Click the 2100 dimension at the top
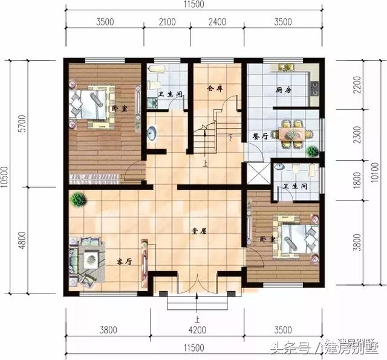(x=166, y=23)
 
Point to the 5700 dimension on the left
(x=23, y=123)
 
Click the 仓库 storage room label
(x=215, y=88)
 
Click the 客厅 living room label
(x=124, y=262)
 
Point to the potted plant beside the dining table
(x=312, y=151)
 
